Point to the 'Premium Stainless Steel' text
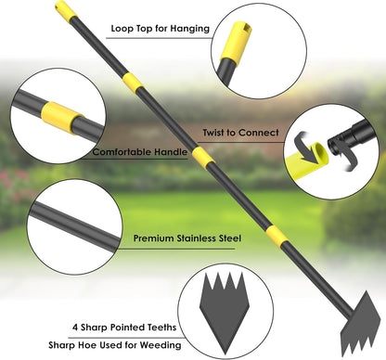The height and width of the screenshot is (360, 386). coord(187,238)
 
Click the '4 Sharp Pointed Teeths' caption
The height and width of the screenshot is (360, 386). coord(123,327)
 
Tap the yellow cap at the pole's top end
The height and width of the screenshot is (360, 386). coord(65,11)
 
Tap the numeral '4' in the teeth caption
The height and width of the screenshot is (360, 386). coord(73,327)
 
